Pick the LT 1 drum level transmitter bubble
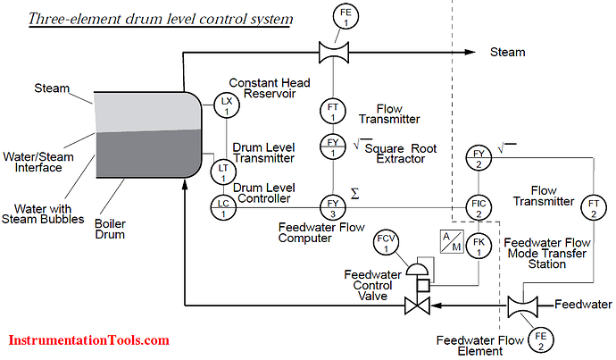tap(222, 170)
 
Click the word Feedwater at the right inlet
tap(583, 305)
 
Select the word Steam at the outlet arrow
tap(508, 53)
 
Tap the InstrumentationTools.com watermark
tap(89, 340)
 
